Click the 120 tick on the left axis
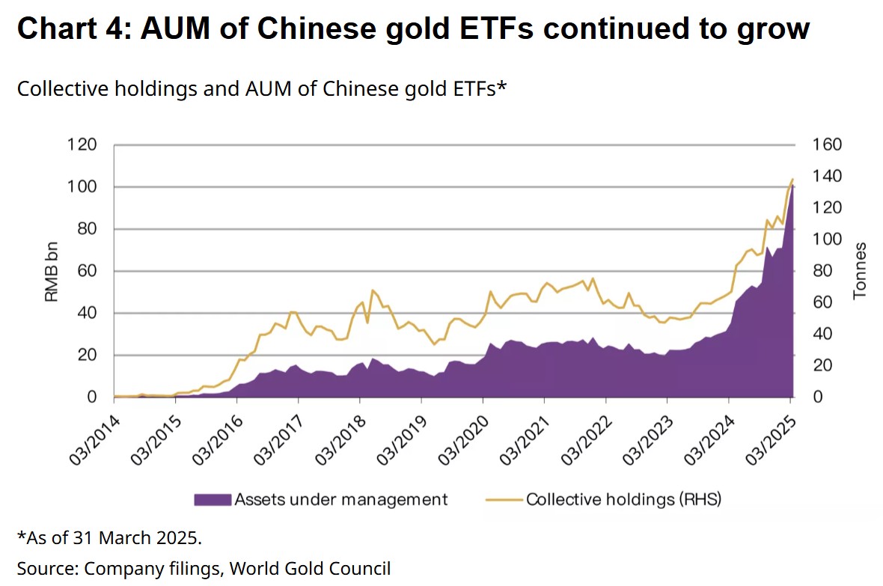tap(82, 144)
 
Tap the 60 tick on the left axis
tap(88, 271)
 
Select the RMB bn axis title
tap(52, 271)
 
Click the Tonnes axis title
tap(861, 271)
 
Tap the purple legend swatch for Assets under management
tap(213, 499)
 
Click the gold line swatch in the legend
tap(503, 499)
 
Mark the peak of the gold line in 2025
tap(792, 179)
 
